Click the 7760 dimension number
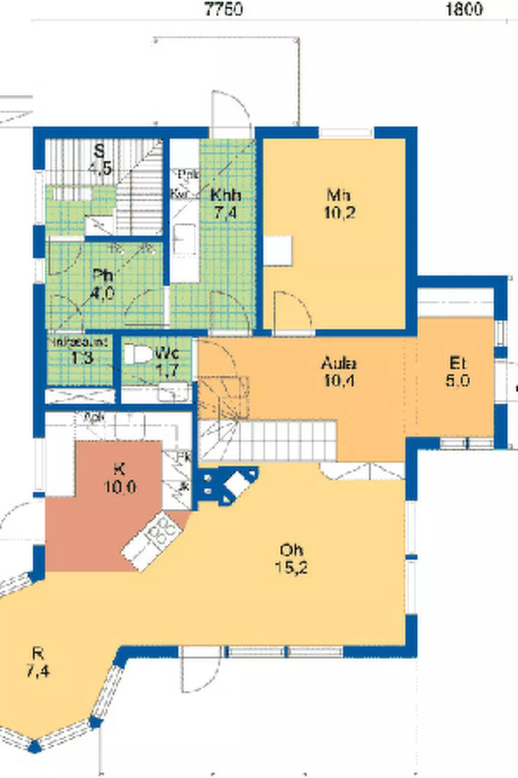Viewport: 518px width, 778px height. coord(223,9)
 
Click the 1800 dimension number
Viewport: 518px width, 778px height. coord(463,9)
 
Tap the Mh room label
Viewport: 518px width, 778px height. coord(339,194)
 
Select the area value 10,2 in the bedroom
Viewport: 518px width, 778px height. coord(339,213)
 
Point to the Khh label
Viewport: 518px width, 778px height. coord(225,195)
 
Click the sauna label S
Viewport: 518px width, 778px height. coord(100,150)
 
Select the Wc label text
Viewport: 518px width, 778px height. coord(166,353)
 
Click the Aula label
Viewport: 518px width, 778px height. coord(338,363)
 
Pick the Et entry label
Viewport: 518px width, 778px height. coord(457,363)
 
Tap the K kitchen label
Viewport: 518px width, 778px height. coord(119,469)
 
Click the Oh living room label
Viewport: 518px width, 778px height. coord(291,550)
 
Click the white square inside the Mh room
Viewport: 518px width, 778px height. coord(278,250)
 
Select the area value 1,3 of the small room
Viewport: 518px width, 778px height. coord(81,359)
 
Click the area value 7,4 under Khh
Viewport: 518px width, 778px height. coord(225,213)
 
